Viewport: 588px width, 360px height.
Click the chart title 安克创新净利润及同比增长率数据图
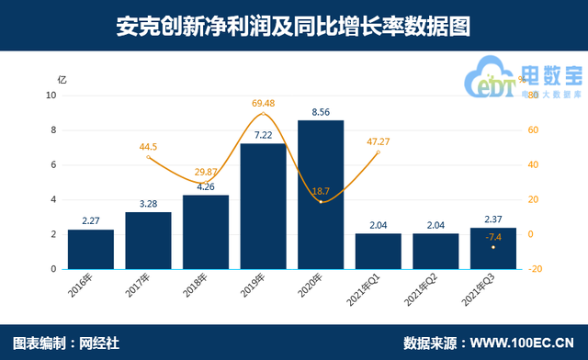pos(293,26)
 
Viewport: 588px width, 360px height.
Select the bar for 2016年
pos(90,249)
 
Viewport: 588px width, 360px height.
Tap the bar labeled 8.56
pos(321,195)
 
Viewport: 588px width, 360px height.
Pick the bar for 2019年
pos(263,207)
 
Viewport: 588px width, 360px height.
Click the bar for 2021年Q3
pos(493,248)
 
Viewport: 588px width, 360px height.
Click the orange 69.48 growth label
pos(263,103)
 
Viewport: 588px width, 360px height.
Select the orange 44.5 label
pos(148,146)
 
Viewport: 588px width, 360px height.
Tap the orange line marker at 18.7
pos(321,201)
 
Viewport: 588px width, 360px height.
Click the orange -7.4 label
pos(493,235)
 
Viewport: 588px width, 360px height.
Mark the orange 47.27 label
pos(379,141)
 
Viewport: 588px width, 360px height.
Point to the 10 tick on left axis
pos(51,95)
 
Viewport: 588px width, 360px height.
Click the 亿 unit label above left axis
pos(62,80)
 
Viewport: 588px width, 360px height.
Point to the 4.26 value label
pos(205,186)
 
